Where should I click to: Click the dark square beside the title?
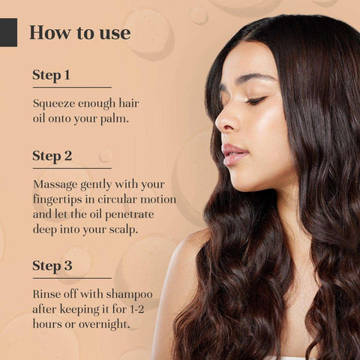(x=8, y=32)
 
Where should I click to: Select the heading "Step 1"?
(x=51, y=75)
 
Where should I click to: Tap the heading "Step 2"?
(x=52, y=156)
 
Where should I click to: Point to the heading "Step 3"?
(x=52, y=265)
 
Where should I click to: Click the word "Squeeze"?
(x=54, y=104)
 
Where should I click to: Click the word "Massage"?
(x=55, y=185)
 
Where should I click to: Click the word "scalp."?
(x=123, y=230)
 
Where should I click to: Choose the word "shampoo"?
(x=129, y=295)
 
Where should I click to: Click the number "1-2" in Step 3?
(x=137, y=310)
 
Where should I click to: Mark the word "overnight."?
(x=104, y=325)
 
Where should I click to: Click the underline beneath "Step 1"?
(x=72, y=87)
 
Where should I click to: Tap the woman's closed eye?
(x=255, y=100)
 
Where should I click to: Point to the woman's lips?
(x=234, y=154)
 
